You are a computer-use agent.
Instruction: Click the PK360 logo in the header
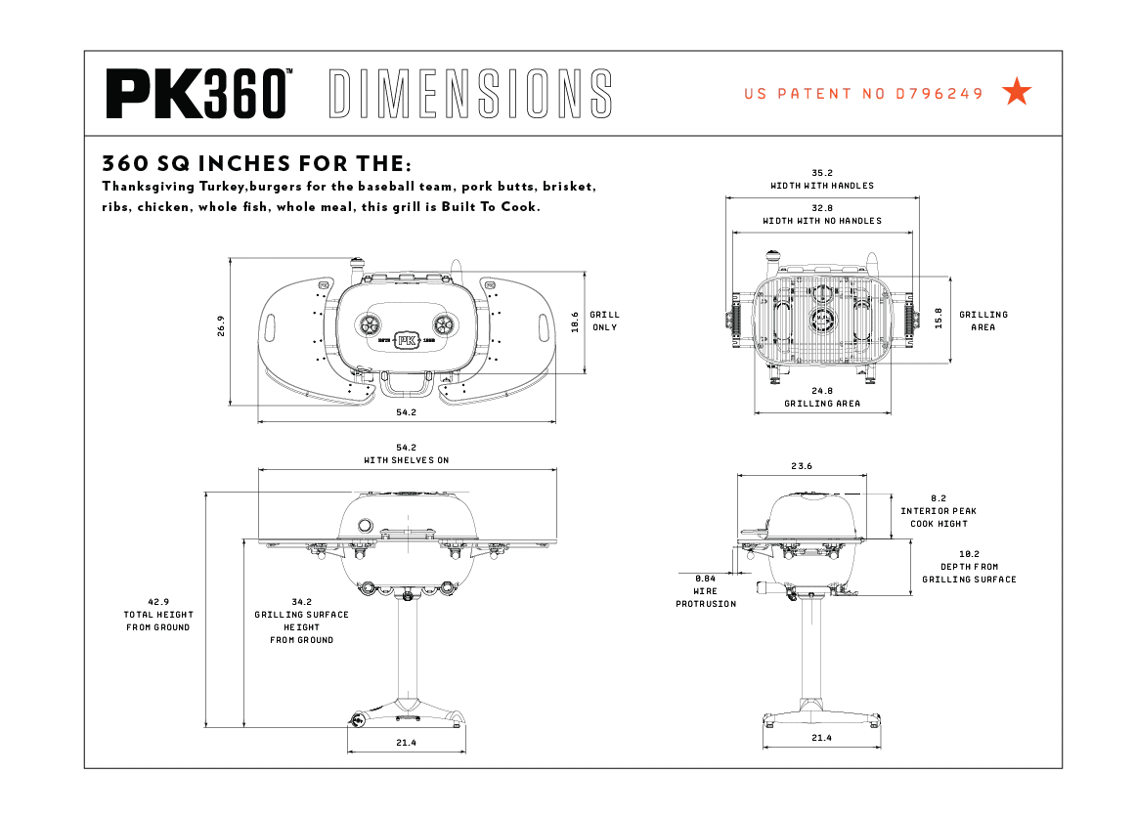click(x=198, y=94)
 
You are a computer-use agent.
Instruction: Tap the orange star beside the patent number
click(x=1017, y=93)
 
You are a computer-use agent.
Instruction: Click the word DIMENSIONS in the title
click(x=470, y=94)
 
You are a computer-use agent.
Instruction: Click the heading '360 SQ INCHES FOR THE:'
click(x=257, y=162)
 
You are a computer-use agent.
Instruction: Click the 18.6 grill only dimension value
click(x=575, y=322)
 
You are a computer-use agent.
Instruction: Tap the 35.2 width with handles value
click(x=822, y=173)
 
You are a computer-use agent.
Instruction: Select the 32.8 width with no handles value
click(x=822, y=208)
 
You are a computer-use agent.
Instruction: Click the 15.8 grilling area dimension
click(x=939, y=321)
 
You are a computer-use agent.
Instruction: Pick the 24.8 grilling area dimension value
click(x=822, y=391)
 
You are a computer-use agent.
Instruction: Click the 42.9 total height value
click(x=158, y=602)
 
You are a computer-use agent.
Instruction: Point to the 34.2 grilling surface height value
click(x=302, y=602)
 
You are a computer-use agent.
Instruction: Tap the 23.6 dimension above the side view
click(x=802, y=466)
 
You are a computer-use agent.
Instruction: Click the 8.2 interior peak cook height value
click(x=939, y=497)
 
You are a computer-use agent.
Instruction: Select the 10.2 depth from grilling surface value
click(x=969, y=553)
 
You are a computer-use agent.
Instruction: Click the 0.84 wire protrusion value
click(x=705, y=578)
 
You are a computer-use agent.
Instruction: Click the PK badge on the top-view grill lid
click(x=408, y=340)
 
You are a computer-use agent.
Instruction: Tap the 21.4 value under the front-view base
click(x=407, y=743)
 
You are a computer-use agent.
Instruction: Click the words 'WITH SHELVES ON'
click(x=407, y=460)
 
